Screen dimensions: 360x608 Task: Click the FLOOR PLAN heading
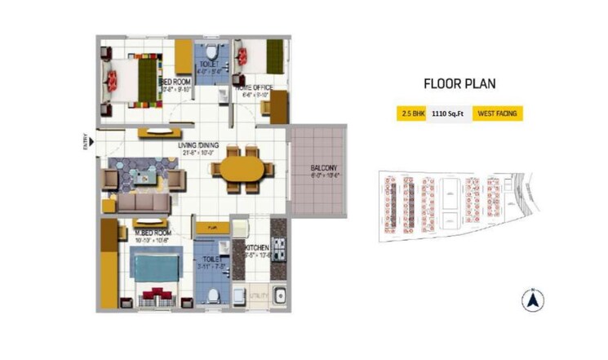point(459,82)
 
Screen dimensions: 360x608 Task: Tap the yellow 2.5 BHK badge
point(407,113)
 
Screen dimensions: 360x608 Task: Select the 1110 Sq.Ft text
point(446,113)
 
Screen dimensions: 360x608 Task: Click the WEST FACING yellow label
point(498,113)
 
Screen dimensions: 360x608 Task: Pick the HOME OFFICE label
point(254,87)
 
